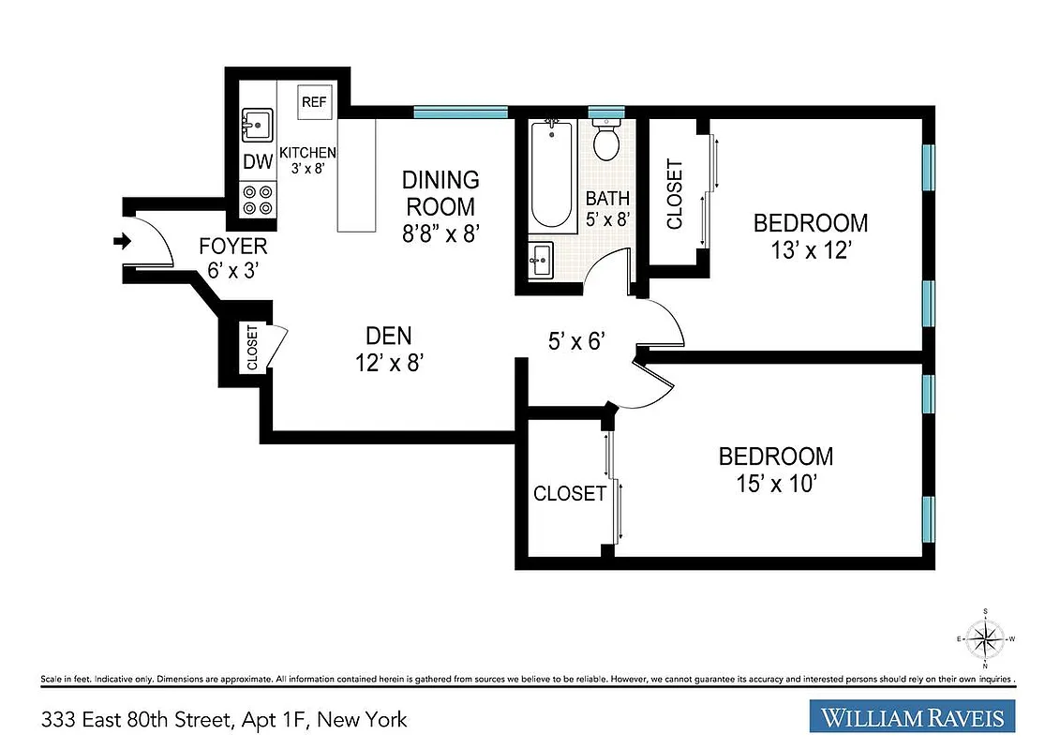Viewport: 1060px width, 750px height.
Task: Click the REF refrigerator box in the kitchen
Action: [x=314, y=102]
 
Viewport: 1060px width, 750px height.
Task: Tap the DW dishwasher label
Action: [x=258, y=161]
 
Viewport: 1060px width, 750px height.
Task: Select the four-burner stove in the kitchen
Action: [x=258, y=199]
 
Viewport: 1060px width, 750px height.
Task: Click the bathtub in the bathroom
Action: [x=552, y=174]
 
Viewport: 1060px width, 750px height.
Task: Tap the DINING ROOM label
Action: [x=440, y=192]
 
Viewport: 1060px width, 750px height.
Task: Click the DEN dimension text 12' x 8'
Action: [x=388, y=362]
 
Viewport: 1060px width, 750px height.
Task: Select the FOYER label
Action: [x=233, y=247]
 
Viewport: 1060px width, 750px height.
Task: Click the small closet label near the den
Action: [x=252, y=348]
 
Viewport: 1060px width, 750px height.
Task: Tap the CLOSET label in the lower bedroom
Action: [x=570, y=493]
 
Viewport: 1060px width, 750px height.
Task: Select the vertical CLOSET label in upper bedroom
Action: [x=674, y=195]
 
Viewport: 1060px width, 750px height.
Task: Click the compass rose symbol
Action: [x=984, y=639]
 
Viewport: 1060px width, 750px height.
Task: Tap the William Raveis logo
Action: [x=912, y=718]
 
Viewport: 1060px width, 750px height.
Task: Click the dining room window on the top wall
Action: [x=461, y=112]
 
